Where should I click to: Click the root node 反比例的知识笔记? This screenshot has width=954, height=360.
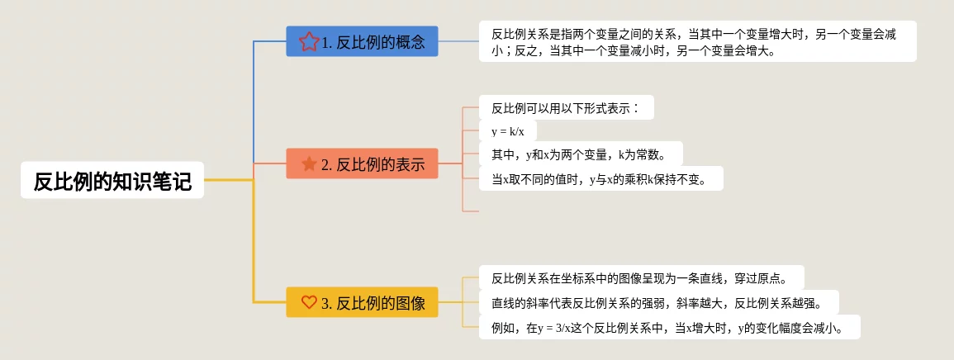coord(112,180)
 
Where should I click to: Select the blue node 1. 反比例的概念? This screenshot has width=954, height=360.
coord(362,41)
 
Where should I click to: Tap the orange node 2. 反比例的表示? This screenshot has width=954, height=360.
coord(362,163)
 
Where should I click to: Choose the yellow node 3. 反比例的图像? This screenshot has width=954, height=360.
coord(362,302)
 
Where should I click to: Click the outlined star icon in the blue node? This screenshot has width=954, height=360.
coord(309,41)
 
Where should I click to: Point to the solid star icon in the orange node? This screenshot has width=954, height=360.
coord(309,163)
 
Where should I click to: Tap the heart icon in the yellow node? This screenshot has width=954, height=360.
coord(309,302)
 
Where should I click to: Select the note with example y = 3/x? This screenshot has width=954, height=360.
coord(669,328)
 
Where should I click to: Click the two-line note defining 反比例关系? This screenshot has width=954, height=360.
coord(697,41)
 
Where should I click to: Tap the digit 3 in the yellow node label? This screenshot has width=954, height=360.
coord(325,303)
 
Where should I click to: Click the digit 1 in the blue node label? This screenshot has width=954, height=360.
coord(325,42)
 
